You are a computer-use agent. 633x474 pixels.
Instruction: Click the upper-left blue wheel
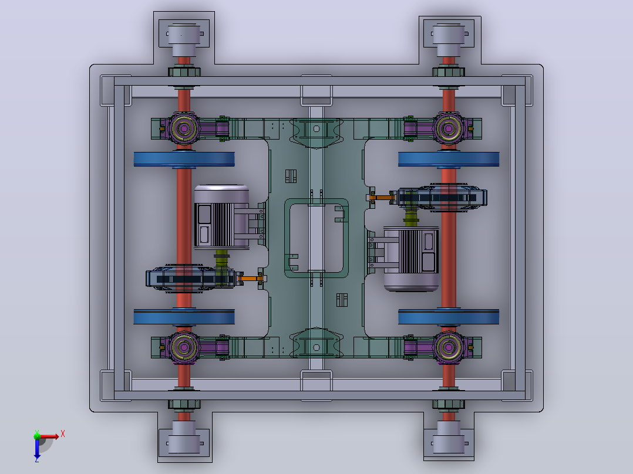[184, 159]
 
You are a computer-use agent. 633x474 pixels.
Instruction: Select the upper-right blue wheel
[449, 159]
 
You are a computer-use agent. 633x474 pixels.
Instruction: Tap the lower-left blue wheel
[184, 317]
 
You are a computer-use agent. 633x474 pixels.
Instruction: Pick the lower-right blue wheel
[449, 317]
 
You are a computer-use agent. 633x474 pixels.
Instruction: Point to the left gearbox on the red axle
[190, 279]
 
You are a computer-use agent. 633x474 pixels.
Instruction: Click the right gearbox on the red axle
[442, 198]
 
